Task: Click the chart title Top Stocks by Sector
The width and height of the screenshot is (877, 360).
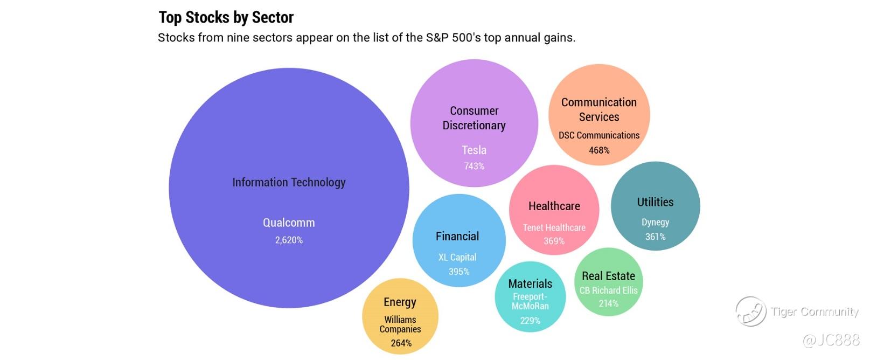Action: (x=226, y=17)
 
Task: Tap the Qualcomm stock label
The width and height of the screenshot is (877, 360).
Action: (x=289, y=223)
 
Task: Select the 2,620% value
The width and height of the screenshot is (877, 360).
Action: (x=289, y=240)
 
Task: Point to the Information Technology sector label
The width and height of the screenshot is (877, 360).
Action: (x=289, y=182)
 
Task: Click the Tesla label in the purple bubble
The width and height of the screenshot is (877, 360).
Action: (x=474, y=150)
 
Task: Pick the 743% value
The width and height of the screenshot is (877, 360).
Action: (x=474, y=166)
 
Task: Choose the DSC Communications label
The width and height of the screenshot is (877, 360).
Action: (x=599, y=135)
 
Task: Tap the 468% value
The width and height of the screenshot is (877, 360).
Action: (x=599, y=150)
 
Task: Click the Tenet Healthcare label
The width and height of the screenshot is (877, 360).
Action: (x=554, y=227)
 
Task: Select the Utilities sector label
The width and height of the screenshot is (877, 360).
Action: (x=655, y=202)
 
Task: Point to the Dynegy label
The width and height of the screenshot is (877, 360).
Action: (x=655, y=222)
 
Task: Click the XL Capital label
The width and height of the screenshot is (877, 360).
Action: (x=457, y=257)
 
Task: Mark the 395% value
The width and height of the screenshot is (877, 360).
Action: (x=459, y=272)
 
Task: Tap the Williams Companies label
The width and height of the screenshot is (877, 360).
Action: (x=400, y=324)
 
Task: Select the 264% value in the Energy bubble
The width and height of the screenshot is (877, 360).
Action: (x=401, y=343)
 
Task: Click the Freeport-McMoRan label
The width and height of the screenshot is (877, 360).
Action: (x=530, y=301)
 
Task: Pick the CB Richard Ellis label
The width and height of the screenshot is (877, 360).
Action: (x=608, y=290)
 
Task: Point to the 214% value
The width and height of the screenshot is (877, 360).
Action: (x=608, y=303)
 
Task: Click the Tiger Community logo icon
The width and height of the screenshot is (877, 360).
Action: (x=750, y=311)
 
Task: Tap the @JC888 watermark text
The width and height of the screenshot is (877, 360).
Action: (x=831, y=340)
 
